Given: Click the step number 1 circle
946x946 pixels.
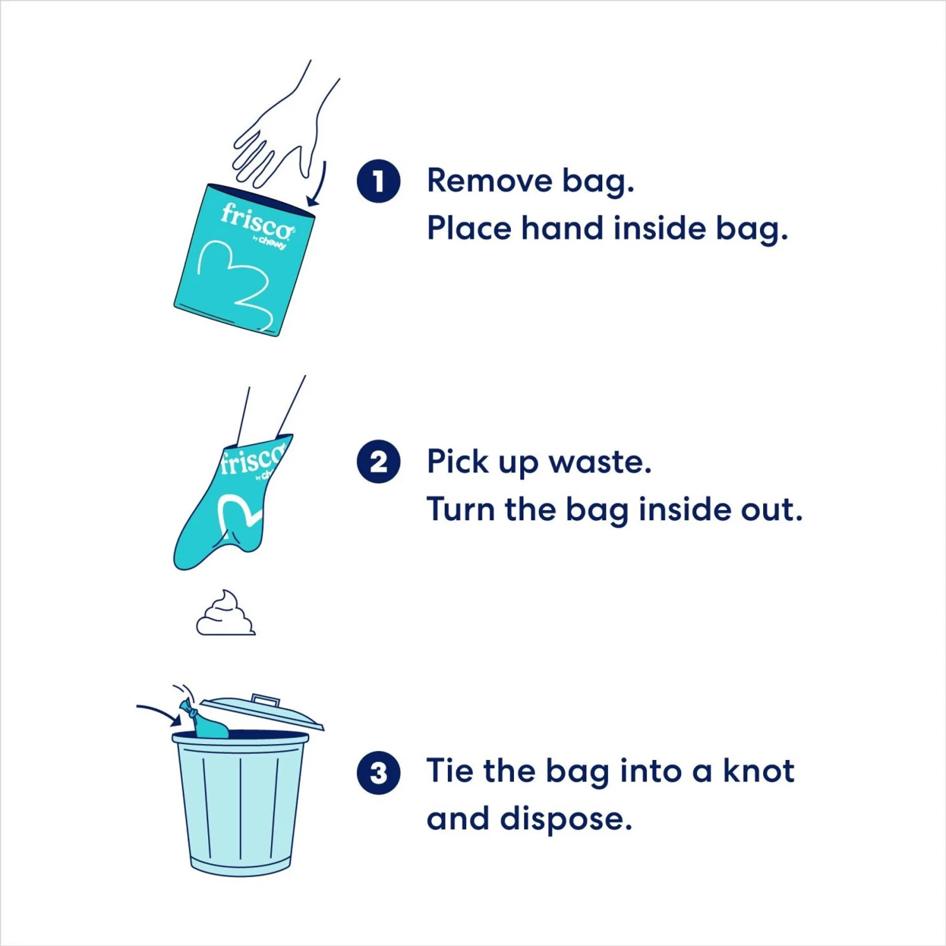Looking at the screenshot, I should coord(378,182).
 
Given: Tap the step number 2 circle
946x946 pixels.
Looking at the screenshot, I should coord(378,462).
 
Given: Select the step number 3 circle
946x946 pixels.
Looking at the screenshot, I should coord(378,772).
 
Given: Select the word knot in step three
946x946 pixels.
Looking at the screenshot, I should coord(758,771).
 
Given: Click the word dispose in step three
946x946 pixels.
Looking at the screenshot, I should coord(566,819).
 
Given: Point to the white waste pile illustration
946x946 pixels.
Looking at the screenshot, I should coord(225,614).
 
